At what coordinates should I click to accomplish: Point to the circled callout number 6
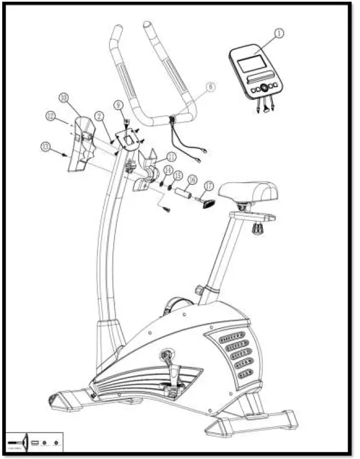coord(210,87)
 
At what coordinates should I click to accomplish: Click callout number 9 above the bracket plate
coord(118,105)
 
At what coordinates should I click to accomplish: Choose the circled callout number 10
coord(63,98)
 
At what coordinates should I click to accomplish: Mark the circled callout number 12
coord(51,116)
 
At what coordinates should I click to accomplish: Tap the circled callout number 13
coord(46,147)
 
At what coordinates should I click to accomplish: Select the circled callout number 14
coord(167,170)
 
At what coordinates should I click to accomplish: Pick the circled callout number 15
coord(177,175)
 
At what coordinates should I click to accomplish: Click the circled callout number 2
coord(98,116)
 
